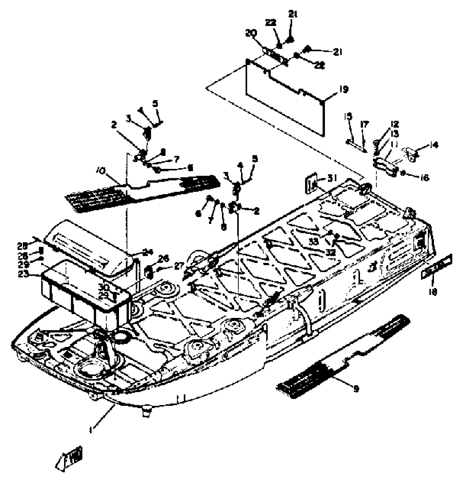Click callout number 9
(x=356, y=388)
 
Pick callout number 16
(x=425, y=178)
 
